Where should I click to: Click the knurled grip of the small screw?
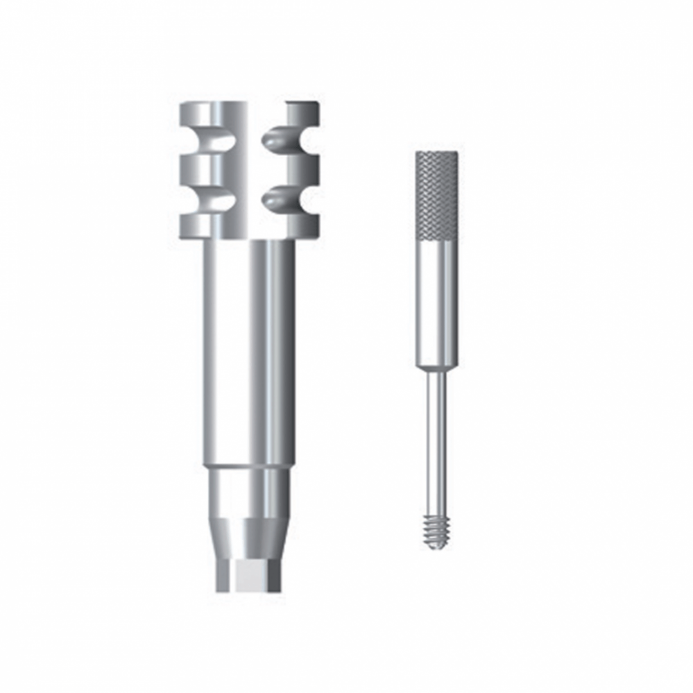[436, 194]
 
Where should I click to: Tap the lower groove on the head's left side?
[215, 200]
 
